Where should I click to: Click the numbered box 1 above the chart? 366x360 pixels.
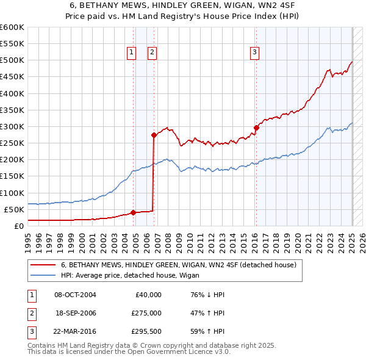pyautogui.click(x=131, y=53)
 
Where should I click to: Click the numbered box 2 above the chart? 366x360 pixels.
pyautogui.click(x=152, y=53)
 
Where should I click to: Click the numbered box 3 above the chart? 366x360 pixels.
pyautogui.click(x=254, y=53)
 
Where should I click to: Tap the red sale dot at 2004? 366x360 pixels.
pyautogui.click(x=133, y=212)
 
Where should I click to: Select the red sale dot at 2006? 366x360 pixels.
pyautogui.click(x=154, y=135)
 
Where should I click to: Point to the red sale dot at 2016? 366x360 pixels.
pyautogui.click(x=256, y=128)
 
